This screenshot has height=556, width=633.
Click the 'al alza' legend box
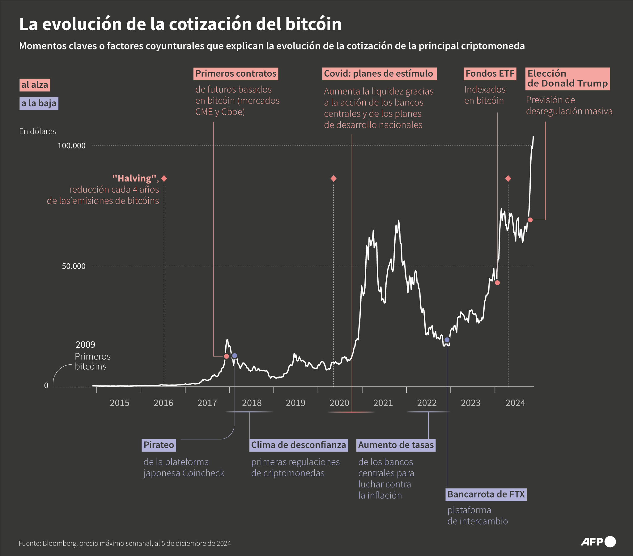[35, 85]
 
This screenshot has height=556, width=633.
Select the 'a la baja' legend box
[39, 104]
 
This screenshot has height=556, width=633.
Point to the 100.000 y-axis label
[71, 146]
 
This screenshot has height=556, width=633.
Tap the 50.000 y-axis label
[74, 266]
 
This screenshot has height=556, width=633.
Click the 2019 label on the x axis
[295, 403]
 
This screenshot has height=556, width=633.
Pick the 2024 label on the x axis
[515, 403]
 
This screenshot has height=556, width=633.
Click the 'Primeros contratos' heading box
[236, 74]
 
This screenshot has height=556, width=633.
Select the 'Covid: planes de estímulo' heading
[379, 74]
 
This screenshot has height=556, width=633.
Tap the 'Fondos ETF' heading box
[490, 74]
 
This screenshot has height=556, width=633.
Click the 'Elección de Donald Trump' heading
[567, 79]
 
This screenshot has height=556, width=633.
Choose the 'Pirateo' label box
[159, 445]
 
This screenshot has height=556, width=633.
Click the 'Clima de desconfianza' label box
[299, 445]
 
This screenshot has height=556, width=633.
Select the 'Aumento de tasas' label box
[396, 445]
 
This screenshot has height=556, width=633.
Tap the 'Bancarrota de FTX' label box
[486, 494]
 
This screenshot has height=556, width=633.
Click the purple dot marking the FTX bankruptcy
[447, 340]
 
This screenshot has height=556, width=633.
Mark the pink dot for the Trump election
[530, 220]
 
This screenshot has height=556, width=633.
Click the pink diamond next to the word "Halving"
[164, 178]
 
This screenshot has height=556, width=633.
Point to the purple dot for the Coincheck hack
[234, 356]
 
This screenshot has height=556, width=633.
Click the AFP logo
[598, 542]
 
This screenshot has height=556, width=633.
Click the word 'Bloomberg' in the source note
[59, 543]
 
